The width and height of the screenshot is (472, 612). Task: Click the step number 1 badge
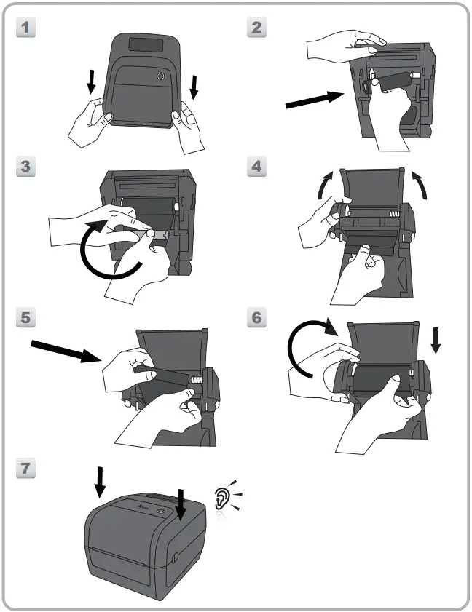[25, 28]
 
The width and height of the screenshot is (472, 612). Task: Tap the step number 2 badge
[256, 28]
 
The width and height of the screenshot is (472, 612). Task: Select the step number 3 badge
[25, 167]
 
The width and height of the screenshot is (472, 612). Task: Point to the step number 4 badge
[256, 167]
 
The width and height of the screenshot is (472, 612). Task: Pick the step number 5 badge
[25, 317]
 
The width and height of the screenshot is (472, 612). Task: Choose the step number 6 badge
[256, 317]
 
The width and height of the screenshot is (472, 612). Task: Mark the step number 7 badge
[25, 468]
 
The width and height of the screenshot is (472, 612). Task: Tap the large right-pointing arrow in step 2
[315, 100]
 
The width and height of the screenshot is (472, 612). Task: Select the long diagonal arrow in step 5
[66, 351]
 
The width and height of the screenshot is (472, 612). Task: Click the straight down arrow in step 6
[436, 341]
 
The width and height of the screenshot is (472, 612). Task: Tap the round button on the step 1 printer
[160, 76]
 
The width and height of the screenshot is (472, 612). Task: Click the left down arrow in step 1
[91, 82]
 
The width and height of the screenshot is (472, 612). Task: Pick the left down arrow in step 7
[100, 482]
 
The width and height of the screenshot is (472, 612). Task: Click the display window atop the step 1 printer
[146, 44]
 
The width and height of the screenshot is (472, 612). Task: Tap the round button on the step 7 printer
[160, 511]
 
